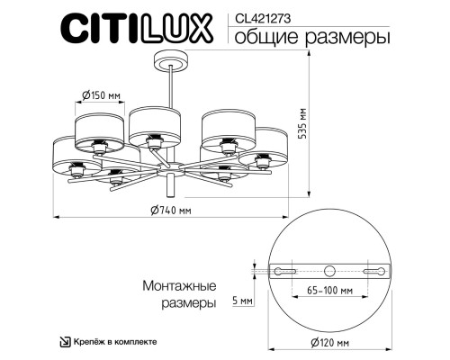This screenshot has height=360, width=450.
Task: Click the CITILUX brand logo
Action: pos(137,28)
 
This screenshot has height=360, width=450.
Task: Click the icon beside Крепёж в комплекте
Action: pos(65,342)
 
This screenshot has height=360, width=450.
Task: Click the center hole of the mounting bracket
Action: pos(330,270)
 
